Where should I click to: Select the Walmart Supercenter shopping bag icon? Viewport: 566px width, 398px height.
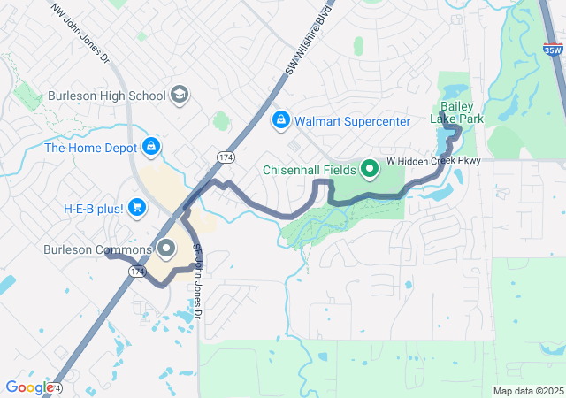pos(280,119)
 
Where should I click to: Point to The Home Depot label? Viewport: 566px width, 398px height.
pos(91,147)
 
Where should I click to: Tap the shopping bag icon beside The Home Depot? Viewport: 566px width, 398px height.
pos(151,146)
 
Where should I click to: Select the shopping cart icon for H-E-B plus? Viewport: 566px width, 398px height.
pos(136,208)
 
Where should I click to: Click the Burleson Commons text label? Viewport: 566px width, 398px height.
pos(96,249)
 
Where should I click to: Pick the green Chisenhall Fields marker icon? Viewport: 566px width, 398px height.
pos(368,169)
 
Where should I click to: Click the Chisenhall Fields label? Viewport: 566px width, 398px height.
pos(309,170)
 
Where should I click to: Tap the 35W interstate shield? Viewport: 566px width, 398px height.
pos(553,50)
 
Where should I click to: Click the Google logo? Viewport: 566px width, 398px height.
pos(28,387)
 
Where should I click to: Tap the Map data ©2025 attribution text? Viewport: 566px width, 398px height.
pos(527,391)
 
